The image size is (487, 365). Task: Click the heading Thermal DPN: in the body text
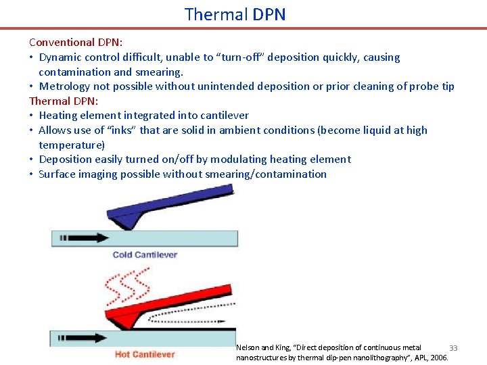64,101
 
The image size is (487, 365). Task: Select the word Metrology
66,86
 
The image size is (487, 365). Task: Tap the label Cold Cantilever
145,255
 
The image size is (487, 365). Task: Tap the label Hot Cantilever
145,354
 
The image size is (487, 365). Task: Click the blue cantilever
169,206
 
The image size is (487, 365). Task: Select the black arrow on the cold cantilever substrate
85,238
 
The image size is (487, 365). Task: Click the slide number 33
453,347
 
